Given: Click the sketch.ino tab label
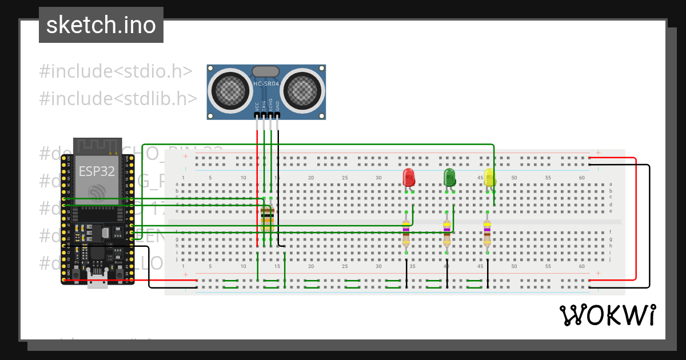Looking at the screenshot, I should coord(101,25).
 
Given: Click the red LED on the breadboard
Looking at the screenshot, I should coord(409,177).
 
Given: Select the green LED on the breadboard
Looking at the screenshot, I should coord(449,177).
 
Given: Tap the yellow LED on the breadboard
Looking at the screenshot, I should coord(489,177).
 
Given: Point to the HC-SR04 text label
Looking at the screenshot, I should coord(266,84).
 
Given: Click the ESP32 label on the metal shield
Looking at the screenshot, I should coord(97,171).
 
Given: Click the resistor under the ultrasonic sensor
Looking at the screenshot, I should coord(267,219).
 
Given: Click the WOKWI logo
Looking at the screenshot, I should coord(607,315).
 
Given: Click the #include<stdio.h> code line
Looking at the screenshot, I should coord(115,71).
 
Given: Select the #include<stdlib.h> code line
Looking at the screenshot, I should coord(118,98).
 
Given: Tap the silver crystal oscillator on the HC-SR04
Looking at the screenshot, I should coord(266,71).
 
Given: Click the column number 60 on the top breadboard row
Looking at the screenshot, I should coord(581,178).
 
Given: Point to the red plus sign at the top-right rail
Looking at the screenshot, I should coord(598,153).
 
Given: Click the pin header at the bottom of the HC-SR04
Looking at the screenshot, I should coord(267,115).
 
